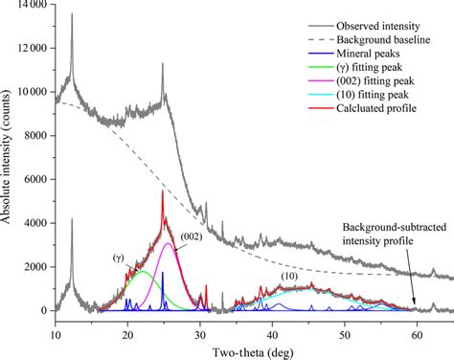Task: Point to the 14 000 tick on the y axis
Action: (31, 6)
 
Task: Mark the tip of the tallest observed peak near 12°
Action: (72, 13)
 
